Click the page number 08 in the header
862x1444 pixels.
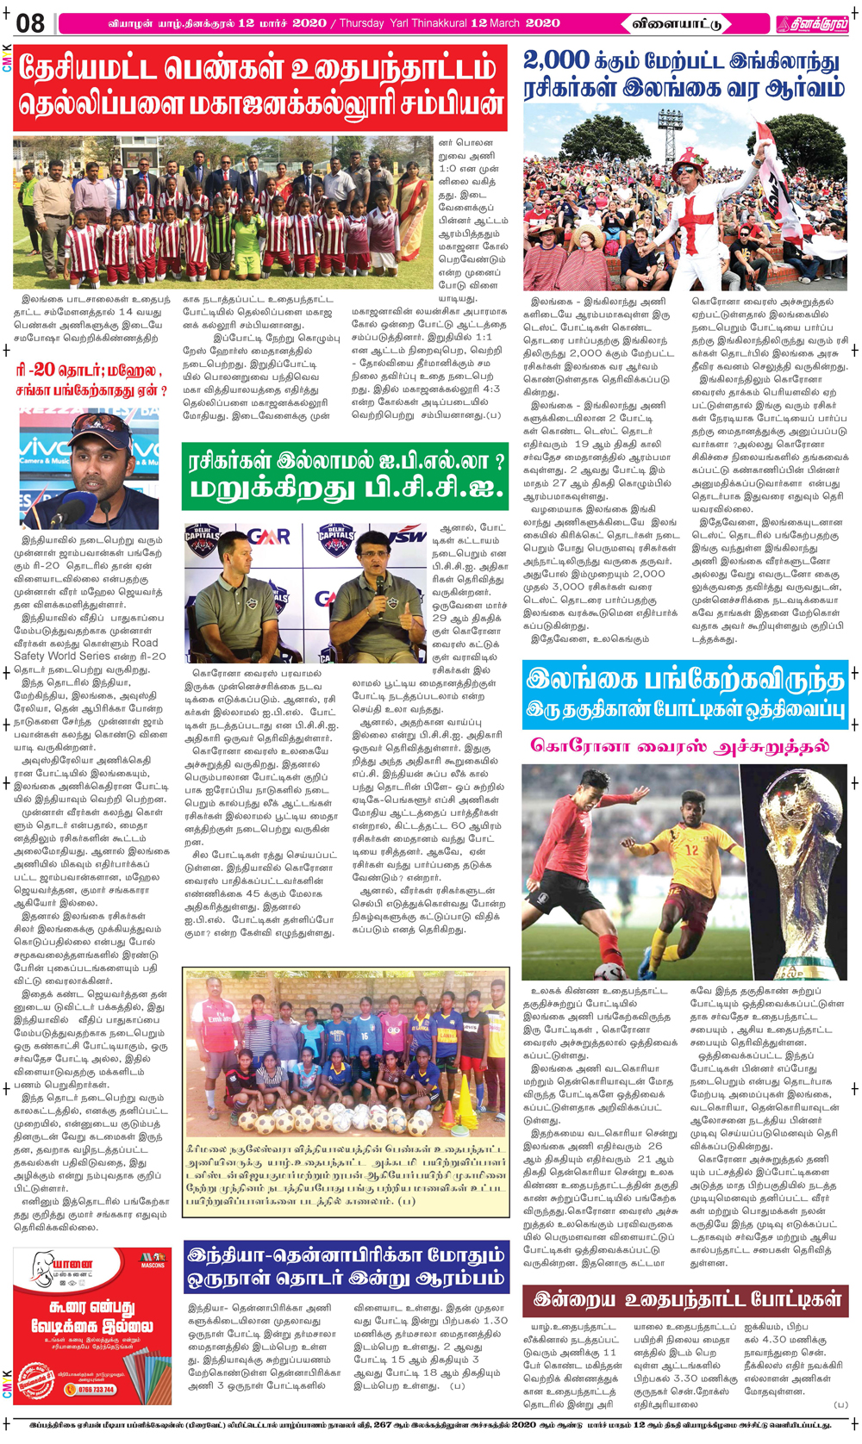tap(29, 22)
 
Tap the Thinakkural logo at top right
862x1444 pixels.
tap(811, 23)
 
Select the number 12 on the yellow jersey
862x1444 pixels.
tap(691, 849)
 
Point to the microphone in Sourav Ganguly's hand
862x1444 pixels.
tap(378, 587)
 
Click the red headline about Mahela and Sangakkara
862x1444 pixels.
tap(90, 380)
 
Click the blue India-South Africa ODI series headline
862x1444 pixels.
tap(347, 1267)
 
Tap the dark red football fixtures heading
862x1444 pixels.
tap(685, 1299)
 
